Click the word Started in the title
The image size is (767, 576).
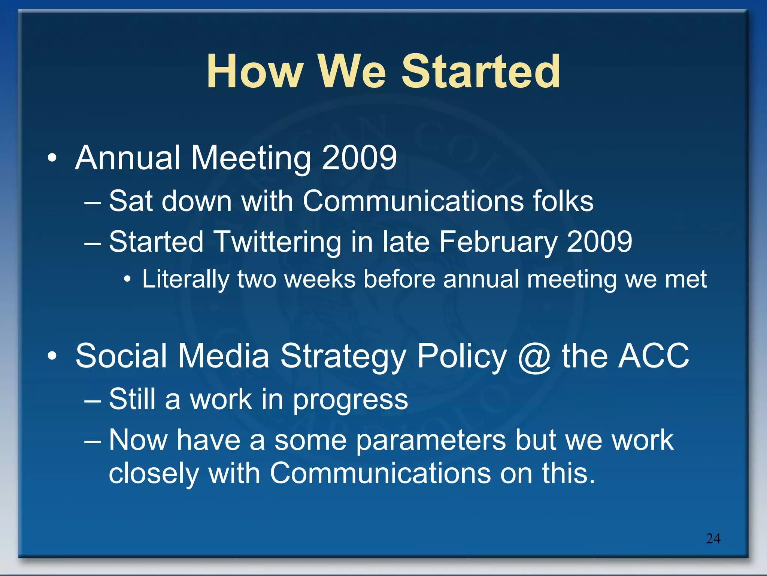(481, 71)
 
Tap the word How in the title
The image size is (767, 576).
(255, 71)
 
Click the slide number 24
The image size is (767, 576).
(713, 538)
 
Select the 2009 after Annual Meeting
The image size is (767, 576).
(359, 158)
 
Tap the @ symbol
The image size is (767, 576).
(534, 357)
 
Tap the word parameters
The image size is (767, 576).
(431, 441)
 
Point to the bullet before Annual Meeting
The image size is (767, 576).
(52, 158)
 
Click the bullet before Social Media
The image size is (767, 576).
(52, 356)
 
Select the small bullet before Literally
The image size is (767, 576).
(127, 279)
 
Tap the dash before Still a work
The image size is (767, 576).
(93, 400)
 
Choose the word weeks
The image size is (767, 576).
(320, 279)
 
